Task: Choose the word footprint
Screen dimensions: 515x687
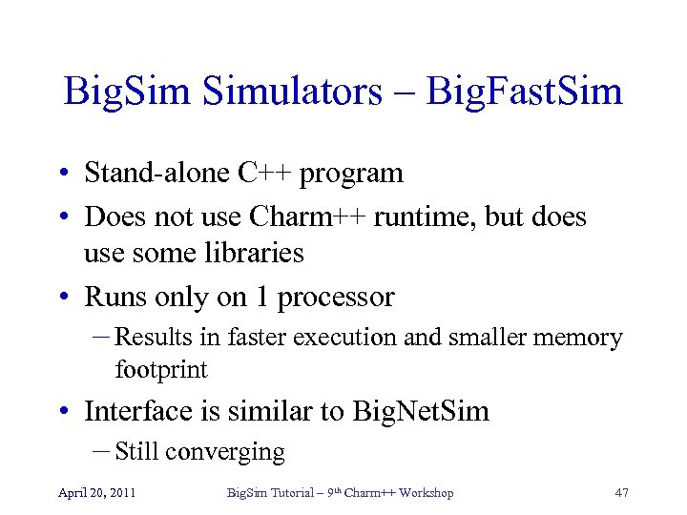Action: point(161,369)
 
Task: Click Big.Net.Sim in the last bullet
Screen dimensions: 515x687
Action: point(421,411)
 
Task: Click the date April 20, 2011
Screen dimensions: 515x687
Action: point(96,492)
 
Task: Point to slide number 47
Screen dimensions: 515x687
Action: point(621,492)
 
